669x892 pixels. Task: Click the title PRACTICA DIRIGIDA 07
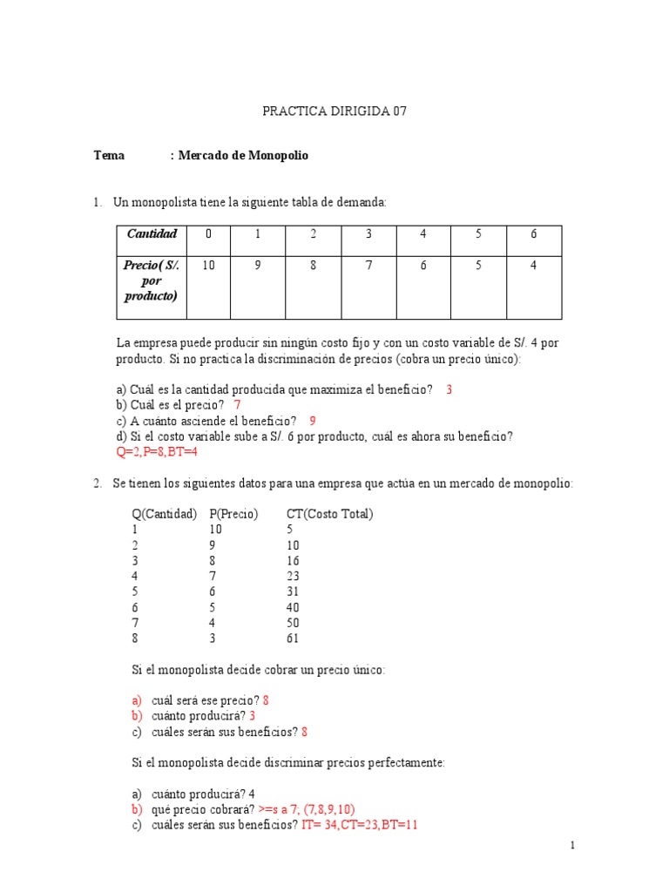pos(334,111)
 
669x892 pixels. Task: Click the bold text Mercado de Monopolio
pos(243,156)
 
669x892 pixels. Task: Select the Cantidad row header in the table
pos(152,233)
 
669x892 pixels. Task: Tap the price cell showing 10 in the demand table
pos(208,266)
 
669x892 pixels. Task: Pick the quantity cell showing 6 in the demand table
pos(533,233)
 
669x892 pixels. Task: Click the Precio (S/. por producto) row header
pos(152,280)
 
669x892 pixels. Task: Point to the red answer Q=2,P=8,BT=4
pos(163,452)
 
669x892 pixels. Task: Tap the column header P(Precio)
pos(233,514)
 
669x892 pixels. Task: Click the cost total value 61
pos(293,639)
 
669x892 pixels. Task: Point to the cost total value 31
pos(293,591)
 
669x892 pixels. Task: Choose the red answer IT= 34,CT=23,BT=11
pos(360,825)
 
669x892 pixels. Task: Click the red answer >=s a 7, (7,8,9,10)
pos(307,809)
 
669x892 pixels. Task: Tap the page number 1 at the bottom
pos(572,845)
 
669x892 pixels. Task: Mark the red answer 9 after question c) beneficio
pos(313,421)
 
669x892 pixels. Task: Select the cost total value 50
pos(293,623)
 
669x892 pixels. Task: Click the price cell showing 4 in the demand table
pos(533,266)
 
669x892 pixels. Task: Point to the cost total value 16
pos(293,560)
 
